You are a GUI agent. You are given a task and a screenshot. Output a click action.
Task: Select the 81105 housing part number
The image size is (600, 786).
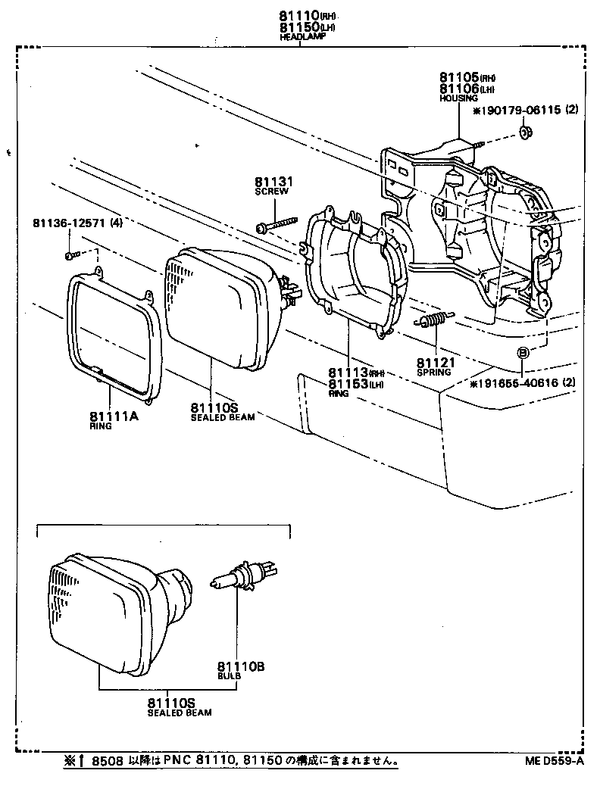[x=456, y=78]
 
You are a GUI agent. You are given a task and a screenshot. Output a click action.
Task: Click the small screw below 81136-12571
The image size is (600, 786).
[x=70, y=255]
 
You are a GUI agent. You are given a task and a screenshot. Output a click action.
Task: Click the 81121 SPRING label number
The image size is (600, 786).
[x=435, y=363]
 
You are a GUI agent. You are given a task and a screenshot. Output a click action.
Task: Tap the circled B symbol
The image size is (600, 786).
[x=523, y=352]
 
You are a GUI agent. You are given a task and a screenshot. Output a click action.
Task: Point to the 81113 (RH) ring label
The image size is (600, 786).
[x=348, y=373]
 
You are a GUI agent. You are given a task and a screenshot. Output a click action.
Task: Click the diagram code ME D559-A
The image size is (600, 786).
[x=552, y=761]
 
